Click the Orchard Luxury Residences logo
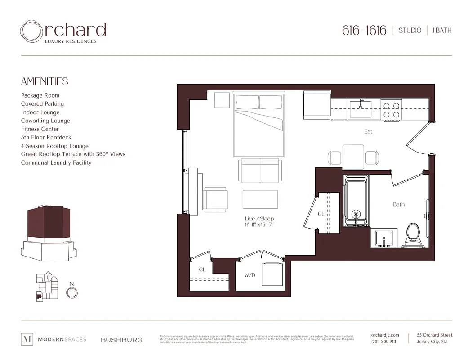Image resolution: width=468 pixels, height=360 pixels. pos(63,31)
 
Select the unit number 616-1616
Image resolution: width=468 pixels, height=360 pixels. pos(364,31)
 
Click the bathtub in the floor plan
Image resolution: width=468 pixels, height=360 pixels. pos(356,201)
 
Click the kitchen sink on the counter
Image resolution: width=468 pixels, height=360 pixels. pos(360,109)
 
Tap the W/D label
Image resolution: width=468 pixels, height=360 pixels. pos(250,275)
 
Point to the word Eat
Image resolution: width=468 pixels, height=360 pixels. pos(368,132)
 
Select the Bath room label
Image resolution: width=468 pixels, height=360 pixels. pos(399,204)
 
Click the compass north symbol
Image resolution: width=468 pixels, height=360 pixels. pos(71,292)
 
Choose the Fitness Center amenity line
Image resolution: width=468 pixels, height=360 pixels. pos(40,129)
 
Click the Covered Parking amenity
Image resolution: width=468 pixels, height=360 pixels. pos(42,104)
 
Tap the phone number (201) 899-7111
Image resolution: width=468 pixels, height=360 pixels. pos(384,342)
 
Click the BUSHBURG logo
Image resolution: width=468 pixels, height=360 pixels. pos(121,340)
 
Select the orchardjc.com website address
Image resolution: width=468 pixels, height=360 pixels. pos(385,335)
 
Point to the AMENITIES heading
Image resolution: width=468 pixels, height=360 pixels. pos(45,81)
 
